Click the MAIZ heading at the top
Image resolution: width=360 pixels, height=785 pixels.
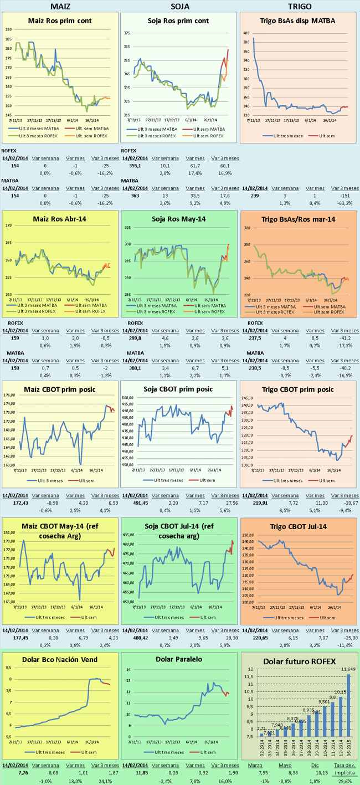[x=60, y=6]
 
